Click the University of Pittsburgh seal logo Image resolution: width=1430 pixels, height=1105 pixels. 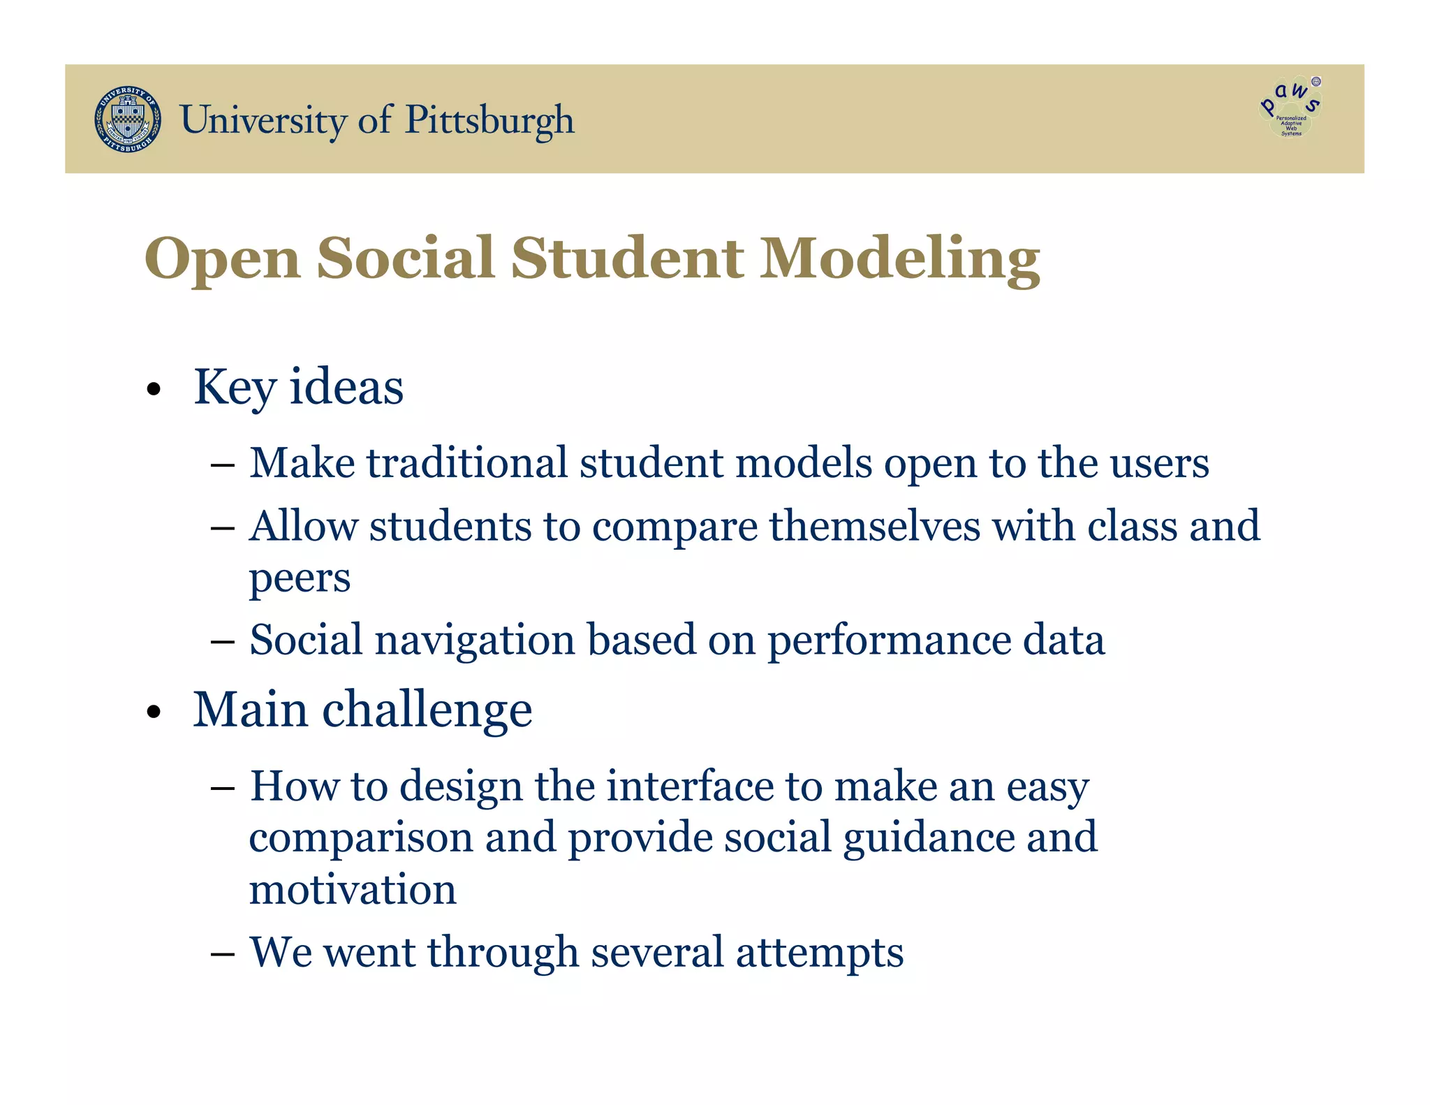[128, 119]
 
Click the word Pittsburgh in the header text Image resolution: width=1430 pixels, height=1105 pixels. [489, 120]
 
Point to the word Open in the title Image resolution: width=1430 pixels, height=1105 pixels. [222, 260]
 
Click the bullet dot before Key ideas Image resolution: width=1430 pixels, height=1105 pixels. [154, 390]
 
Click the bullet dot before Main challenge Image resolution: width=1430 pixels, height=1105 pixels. [154, 712]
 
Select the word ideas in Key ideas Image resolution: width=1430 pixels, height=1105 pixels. [346, 387]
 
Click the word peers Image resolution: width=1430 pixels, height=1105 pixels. [300, 578]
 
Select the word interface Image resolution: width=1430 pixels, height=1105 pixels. [690, 786]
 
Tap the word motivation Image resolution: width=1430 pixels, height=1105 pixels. [353, 890]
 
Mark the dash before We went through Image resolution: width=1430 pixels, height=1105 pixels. [222, 953]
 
